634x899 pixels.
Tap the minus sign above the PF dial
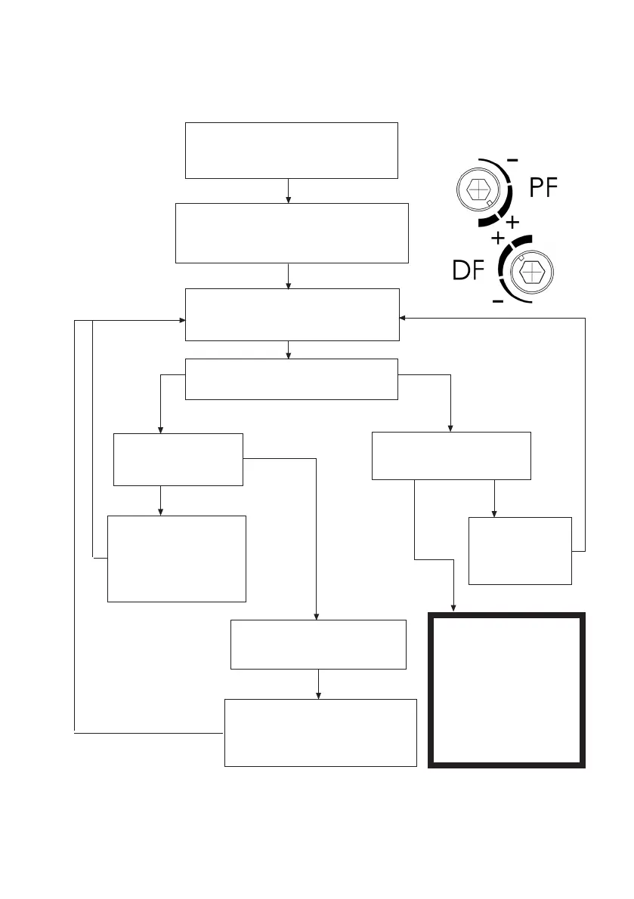click(x=512, y=160)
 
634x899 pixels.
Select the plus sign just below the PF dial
click(x=512, y=223)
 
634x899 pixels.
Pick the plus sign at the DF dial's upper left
click(x=498, y=238)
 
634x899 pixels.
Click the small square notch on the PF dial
click(x=490, y=203)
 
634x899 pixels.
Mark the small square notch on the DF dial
click(x=521, y=257)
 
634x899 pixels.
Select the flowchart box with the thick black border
click(x=506, y=691)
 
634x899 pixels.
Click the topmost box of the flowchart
click(x=291, y=150)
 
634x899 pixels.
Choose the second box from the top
click(x=291, y=232)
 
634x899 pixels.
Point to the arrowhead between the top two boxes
click(x=289, y=199)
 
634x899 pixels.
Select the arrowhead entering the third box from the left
click(x=182, y=320)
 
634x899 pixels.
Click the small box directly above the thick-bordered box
click(x=520, y=550)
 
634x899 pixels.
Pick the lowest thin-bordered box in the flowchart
click(x=320, y=732)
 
